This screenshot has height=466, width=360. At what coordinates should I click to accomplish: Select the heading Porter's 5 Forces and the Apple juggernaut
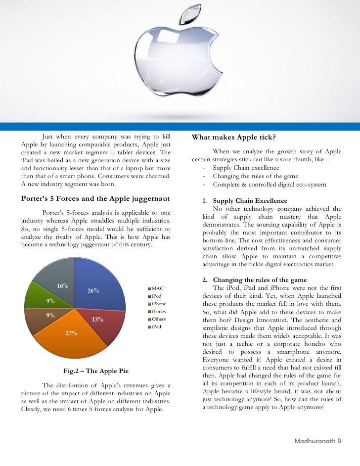point(96,199)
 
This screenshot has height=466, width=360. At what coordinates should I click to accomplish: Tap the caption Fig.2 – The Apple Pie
point(97,371)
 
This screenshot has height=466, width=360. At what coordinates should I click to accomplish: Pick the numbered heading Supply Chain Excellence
point(249,201)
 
